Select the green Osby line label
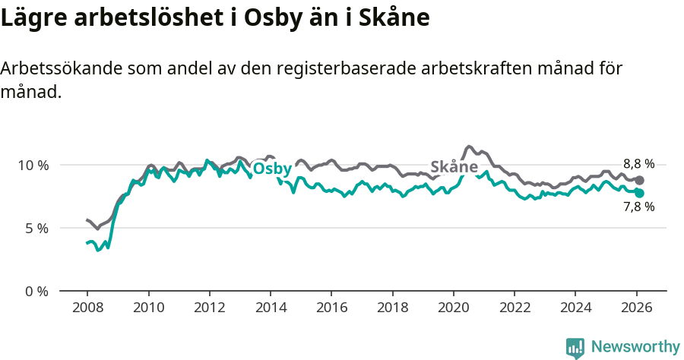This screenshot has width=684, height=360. pos(272,169)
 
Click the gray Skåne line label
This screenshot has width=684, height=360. pos(454,167)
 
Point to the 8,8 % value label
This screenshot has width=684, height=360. pos(638,163)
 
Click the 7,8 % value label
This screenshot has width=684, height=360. pos(638,207)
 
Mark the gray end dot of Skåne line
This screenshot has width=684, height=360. pos(640,180)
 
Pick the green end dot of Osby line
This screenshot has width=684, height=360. pos(640,193)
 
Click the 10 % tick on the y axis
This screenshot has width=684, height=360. pos(33,165)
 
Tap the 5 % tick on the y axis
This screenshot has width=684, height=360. pos(36,228)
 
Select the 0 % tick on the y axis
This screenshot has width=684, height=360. pos(36,291)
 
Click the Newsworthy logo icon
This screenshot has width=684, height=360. pos(575,348)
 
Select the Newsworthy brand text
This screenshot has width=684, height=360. pos(635,347)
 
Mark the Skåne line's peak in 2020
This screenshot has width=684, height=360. pos(469,146)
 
